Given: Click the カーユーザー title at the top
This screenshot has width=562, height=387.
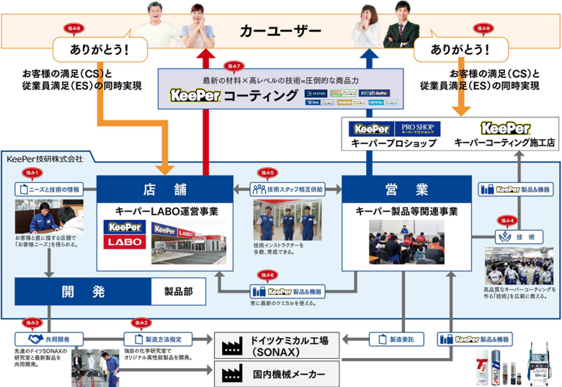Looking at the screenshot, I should pos(280,31).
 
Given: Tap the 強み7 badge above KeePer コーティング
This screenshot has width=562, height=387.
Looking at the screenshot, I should pos(232,65).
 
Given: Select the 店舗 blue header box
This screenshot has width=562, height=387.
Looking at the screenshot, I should pos(165,190).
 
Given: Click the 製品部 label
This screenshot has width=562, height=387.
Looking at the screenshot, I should pos(178,292).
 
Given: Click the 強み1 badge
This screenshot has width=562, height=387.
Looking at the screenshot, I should pos(33,173).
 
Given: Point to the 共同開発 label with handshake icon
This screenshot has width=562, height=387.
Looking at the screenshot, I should pos(47,338).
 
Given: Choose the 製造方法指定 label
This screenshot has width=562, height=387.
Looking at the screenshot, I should pos(159,338).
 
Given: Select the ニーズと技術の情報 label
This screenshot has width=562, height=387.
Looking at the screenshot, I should pos(49,190).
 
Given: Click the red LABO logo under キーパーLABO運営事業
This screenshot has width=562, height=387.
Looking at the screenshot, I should pos(123,242).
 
